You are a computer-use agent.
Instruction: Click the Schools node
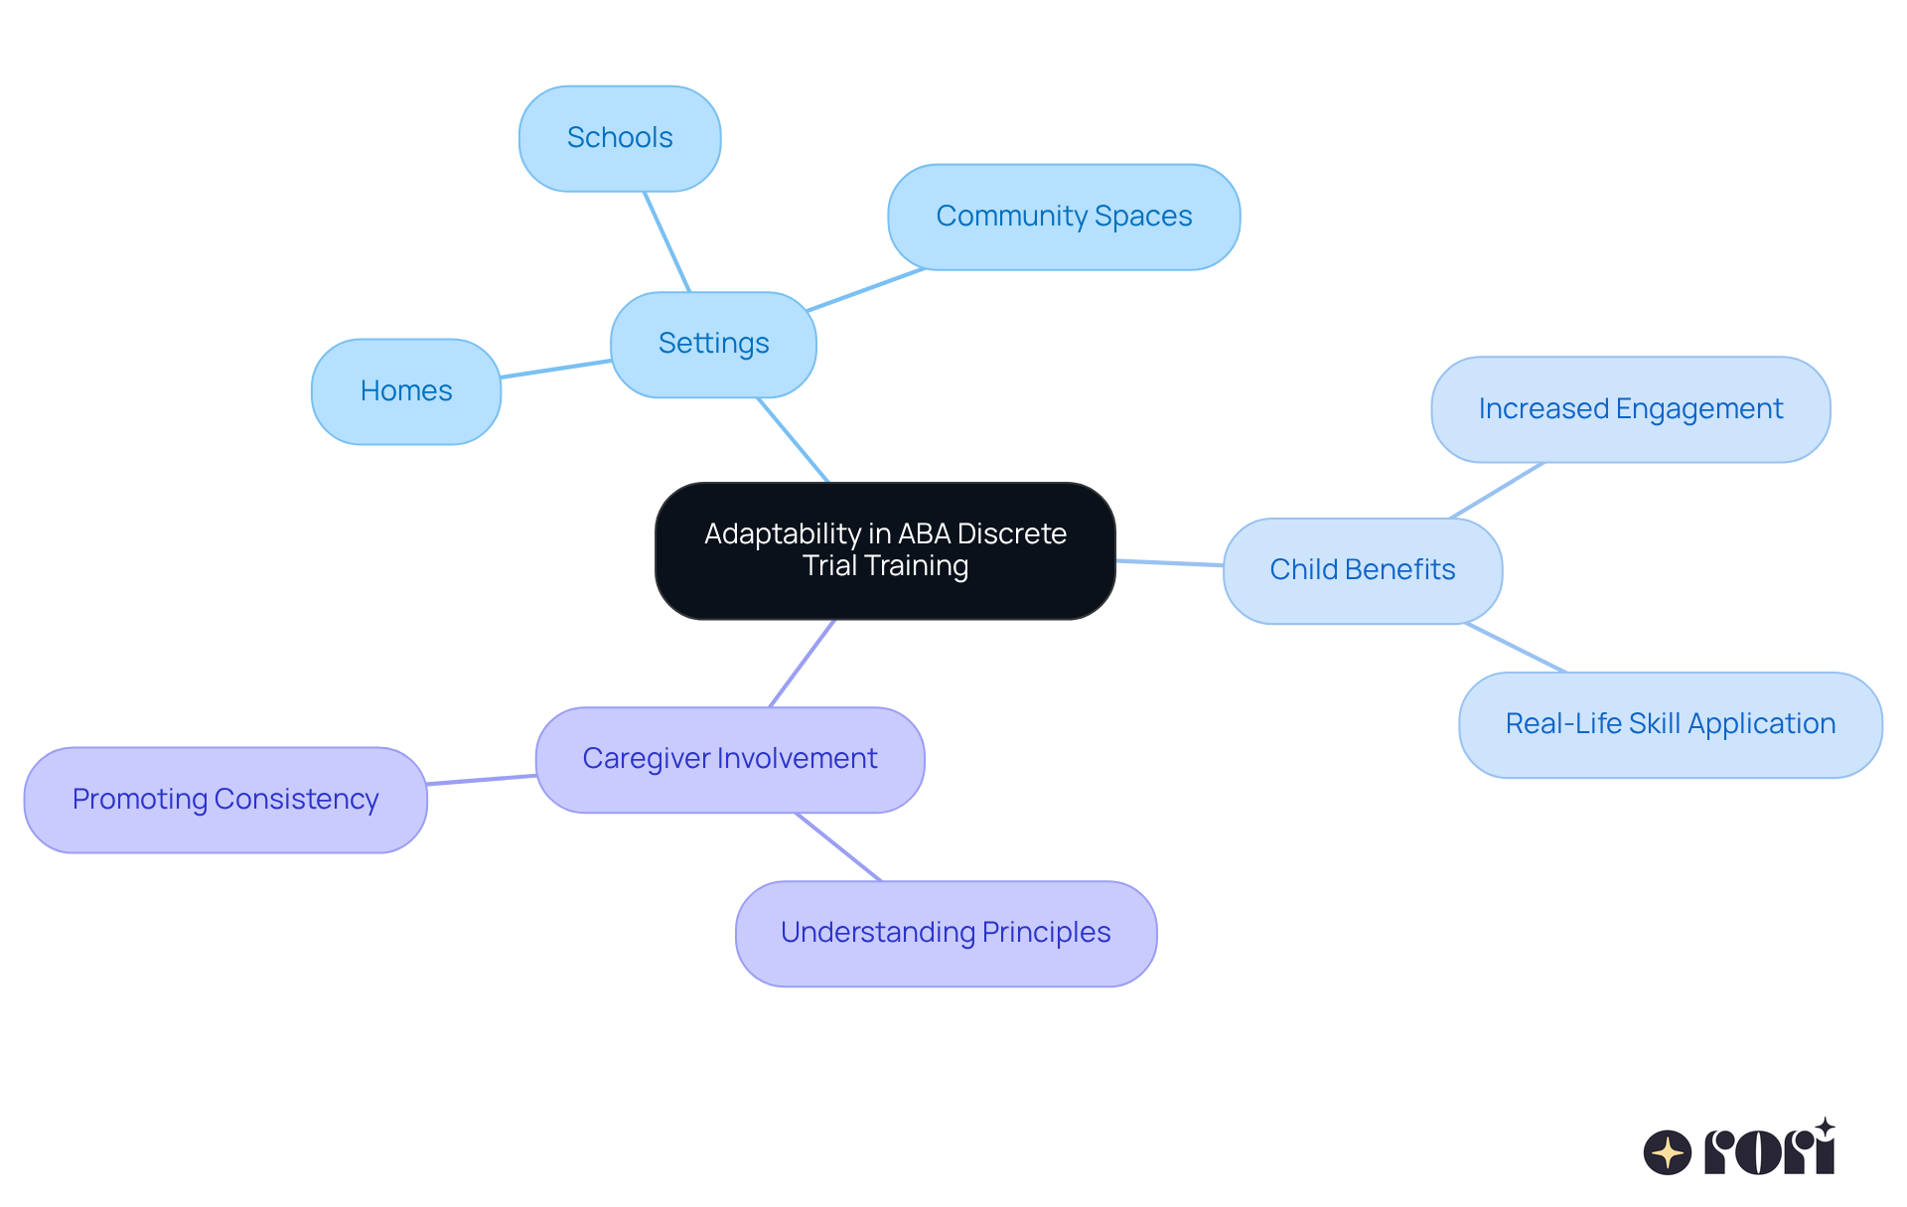point(620,138)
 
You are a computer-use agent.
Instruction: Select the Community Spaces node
point(1064,217)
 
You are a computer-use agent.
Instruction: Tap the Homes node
point(406,391)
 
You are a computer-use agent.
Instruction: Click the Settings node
point(713,344)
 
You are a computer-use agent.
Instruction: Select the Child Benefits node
point(1362,570)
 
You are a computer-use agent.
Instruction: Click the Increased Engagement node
point(1630,409)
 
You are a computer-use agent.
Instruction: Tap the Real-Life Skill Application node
point(1670,724)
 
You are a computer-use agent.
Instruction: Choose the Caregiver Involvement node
point(730,759)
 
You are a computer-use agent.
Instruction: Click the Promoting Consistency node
point(225,800)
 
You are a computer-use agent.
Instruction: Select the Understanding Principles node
point(946,933)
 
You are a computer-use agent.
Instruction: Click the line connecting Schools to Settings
point(666,241)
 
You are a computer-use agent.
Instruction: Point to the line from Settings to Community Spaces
point(866,289)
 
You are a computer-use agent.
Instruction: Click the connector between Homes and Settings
point(555,369)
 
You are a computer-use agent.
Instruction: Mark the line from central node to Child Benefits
point(1169,562)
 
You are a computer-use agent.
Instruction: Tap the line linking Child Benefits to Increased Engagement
point(1498,490)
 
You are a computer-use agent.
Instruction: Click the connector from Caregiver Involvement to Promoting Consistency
point(482,780)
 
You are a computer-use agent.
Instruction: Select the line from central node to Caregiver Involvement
point(803,664)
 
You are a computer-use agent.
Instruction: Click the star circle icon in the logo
point(1667,1152)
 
